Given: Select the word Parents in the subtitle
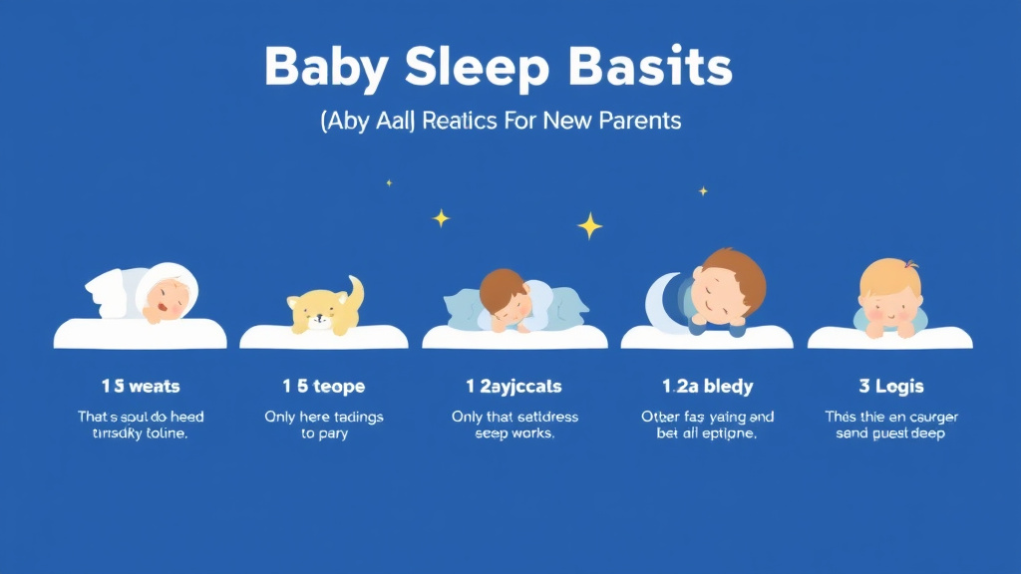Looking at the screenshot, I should click(640, 122).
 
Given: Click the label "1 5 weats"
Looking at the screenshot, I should click(141, 386).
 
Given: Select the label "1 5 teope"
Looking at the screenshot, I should click(324, 386).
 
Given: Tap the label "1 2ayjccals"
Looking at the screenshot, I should click(514, 386).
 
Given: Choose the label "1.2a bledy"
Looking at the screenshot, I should click(708, 386).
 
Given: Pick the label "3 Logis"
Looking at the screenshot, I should click(891, 386).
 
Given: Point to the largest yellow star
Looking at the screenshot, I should click(590, 226).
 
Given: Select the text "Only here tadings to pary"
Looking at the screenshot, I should click(324, 426).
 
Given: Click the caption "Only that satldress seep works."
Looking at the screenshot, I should click(514, 426).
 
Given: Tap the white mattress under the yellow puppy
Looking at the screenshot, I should click(324, 339).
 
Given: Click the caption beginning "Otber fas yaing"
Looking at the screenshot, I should click(708, 426).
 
